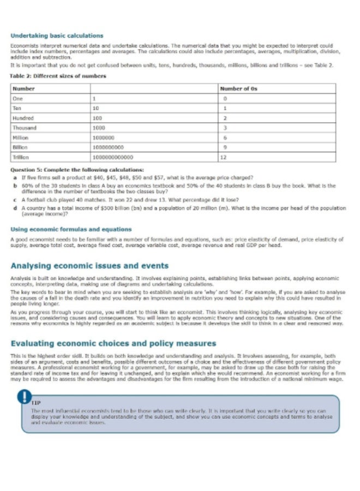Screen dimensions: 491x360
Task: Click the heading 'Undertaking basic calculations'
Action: [57, 36]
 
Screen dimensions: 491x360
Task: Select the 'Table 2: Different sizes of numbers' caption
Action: [58, 76]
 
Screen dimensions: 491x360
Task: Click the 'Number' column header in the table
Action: [23, 88]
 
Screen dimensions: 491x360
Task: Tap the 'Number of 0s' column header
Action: [238, 88]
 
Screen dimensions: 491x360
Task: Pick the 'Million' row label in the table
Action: [21, 137]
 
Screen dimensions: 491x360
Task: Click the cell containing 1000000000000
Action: [113, 157]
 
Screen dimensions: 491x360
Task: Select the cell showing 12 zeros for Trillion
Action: [224, 157]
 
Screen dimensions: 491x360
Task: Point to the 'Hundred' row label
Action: [23, 118]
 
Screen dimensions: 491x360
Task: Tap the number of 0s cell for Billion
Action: [224, 147]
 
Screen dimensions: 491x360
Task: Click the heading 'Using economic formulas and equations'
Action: [71, 229]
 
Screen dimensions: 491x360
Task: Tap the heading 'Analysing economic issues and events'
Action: [89, 266]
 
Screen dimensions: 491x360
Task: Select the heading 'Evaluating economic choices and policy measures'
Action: [113, 343]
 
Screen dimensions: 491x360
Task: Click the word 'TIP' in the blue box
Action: [36, 403]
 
